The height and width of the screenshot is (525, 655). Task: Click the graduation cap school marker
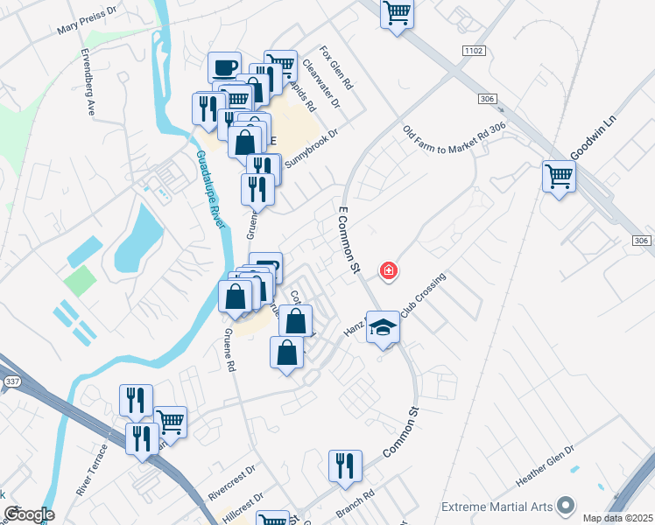click(x=383, y=327)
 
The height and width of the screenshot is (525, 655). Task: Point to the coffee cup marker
click(x=225, y=67)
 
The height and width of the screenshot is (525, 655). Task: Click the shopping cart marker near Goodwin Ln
click(x=558, y=176)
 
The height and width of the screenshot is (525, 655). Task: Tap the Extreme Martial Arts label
click(x=497, y=506)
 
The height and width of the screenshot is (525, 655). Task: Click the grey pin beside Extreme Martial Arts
click(x=566, y=506)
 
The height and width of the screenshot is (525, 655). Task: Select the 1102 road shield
click(x=475, y=52)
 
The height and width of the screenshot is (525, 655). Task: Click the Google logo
click(x=28, y=514)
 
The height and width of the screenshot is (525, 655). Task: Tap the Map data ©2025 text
click(x=617, y=518)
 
